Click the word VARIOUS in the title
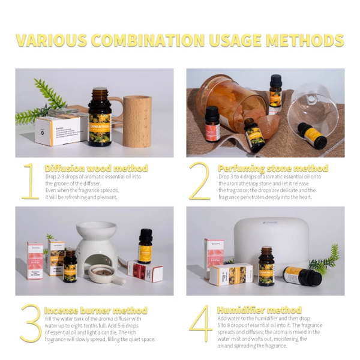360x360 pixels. [x=53, y=40]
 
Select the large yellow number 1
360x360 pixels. [x=29, y=180]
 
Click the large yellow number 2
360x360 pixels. [x=200, y=180]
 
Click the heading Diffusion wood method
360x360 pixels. [x=96, y=169]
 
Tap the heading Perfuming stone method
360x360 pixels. [x=272, y=169]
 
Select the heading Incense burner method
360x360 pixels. [x=95, y=310]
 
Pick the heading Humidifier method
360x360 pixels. [x=259, y=310]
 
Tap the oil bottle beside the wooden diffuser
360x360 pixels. [x=100, y=117]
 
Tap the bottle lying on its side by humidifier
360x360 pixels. [x=302, y=277]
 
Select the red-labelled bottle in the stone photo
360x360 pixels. [x=212, y=124]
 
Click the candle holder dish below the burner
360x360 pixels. [x=106, y=275]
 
